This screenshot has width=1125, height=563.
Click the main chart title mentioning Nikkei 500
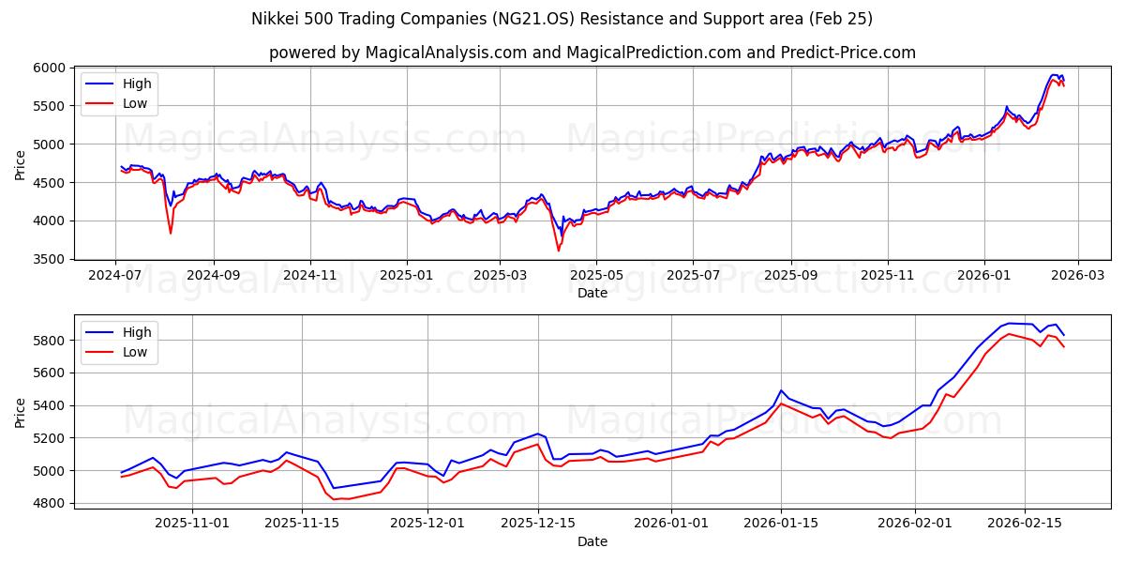pyautogui.click(x=562, y=19)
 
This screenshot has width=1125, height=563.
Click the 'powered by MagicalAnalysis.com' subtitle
pyautogui.click(x=592, y=53)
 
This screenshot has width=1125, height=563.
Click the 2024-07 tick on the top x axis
pyautogui.click(x=115, y=275)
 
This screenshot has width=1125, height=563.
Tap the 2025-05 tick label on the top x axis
pyautogui.click(x=596, y=275)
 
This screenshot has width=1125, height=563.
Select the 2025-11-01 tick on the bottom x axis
pyautogui.click(x=192, y=523)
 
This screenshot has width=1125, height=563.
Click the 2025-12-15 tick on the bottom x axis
pyautogui.click(x=538, y=523)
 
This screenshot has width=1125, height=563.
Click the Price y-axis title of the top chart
pyautogui.click(x=21, y=163)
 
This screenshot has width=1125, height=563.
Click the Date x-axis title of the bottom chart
pyautogui.click(x=592, y=541)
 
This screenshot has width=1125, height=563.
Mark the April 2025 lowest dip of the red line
pyautogui.click(x=559, y=251)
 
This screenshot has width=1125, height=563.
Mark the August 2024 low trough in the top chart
pyautogui.click(x=171, y=233)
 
